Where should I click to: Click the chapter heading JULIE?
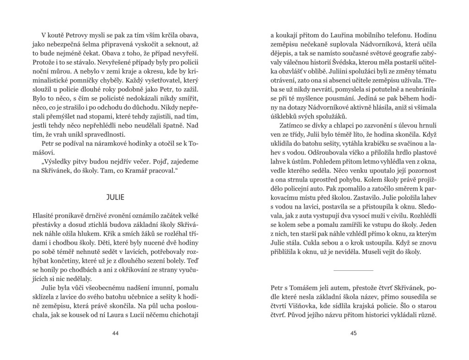click(x=115, y=198)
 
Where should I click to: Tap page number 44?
click(x=115, y=333)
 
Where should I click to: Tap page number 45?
click(x=353, y=333)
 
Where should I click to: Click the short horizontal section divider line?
click(x=353, y=270)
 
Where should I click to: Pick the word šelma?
click(x=86, y=44)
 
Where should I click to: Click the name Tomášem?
click(x=303, y=288)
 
